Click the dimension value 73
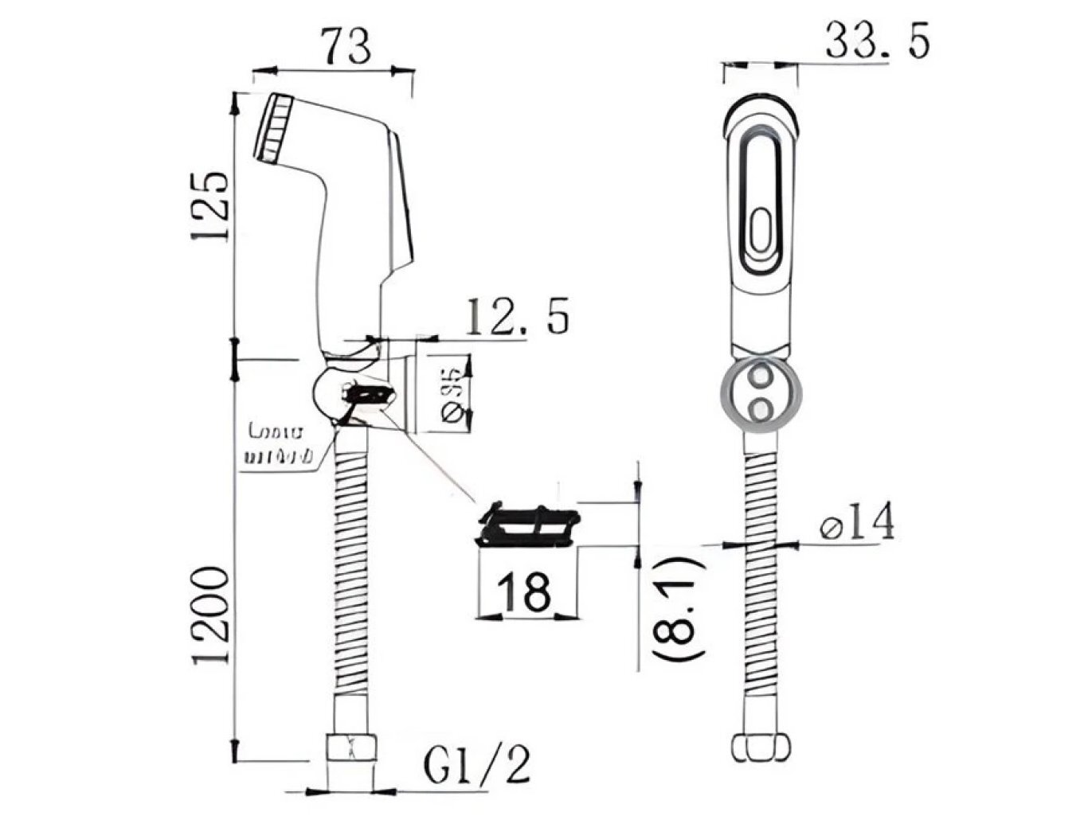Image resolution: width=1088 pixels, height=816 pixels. [x=347, y=45]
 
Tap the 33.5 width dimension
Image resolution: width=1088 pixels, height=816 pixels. [x=877, y=41]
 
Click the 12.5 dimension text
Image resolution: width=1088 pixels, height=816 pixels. [x=517, y=316]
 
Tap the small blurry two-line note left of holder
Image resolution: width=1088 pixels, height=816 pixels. [x=276, y=446]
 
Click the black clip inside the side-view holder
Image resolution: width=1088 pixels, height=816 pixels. [x=368, y=394]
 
